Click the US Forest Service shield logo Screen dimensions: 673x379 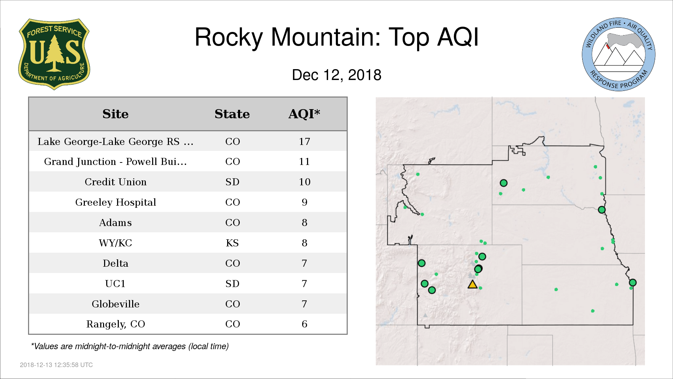click(54, 54)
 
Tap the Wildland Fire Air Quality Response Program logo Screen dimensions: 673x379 click(619, 54)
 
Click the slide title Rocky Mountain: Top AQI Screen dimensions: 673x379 click(336, 37)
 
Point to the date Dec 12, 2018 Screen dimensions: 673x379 click(336, 75)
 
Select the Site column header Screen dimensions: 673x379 click(115, 114)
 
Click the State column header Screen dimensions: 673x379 click(232, 114)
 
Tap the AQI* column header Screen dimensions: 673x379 click(304, 114)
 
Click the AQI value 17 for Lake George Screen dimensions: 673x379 click(304, 141)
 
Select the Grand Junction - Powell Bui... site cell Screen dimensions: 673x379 click(115, 161)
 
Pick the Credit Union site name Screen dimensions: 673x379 click(115, 182)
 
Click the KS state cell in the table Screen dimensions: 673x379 click(232, 243)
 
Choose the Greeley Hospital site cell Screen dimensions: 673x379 click(115, 202)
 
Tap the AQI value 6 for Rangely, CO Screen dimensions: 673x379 click(304, 324)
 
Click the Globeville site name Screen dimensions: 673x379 click(115, 304)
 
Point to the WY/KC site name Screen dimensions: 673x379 click(115, 243)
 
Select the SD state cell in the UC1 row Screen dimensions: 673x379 click(232, 284)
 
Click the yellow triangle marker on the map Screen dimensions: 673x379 click(473, 285)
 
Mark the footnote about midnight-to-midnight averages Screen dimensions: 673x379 click(130, 346)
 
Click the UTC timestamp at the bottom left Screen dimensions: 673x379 click(56, 365)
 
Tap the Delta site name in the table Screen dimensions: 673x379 click(115, 263)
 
